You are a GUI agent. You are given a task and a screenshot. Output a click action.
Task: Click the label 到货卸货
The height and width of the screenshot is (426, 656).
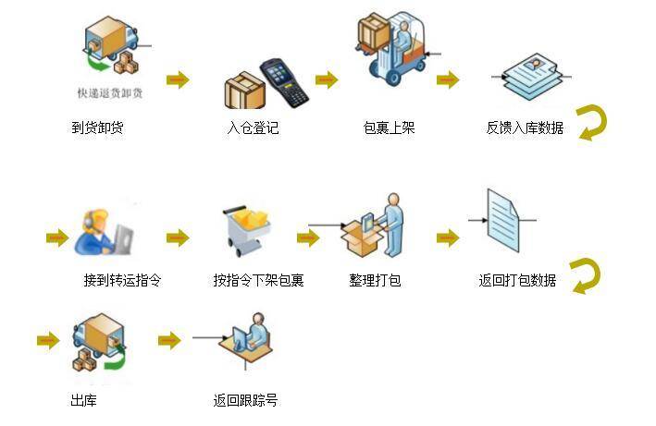[97, 128]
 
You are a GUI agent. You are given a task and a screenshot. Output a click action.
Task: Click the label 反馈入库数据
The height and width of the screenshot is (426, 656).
[525, 128]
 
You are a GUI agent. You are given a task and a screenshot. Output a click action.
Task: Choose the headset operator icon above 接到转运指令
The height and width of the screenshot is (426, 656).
[98, 229]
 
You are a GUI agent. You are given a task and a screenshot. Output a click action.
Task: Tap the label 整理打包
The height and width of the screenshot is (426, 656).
[375, 280]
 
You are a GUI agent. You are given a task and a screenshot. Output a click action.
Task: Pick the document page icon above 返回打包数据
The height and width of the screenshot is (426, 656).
[504, 220]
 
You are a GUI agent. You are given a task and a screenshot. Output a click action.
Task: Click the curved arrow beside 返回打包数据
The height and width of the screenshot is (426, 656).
[586, 275]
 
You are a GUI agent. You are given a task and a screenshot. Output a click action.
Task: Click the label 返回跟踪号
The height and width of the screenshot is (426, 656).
[245, 400]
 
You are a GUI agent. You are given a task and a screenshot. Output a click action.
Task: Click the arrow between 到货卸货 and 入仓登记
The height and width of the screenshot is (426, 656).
[178, 79]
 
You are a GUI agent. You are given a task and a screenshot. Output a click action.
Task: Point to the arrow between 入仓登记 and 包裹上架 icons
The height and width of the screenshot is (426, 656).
[327, 79]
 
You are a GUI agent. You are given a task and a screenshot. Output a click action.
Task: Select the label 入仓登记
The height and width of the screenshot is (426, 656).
[253, 128]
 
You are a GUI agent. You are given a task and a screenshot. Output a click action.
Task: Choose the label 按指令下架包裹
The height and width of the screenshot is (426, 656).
[258, 280]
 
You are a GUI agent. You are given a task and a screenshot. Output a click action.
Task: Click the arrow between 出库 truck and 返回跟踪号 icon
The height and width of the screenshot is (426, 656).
[169, 341]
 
